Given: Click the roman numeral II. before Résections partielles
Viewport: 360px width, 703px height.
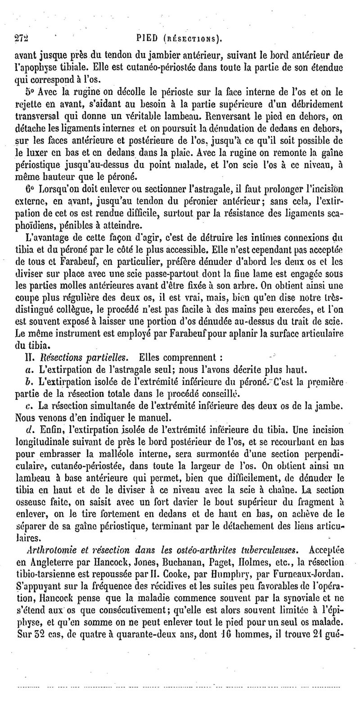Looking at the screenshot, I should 30,359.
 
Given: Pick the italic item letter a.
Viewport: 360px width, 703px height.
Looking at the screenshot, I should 30,370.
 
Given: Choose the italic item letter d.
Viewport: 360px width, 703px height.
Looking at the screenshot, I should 30,422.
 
